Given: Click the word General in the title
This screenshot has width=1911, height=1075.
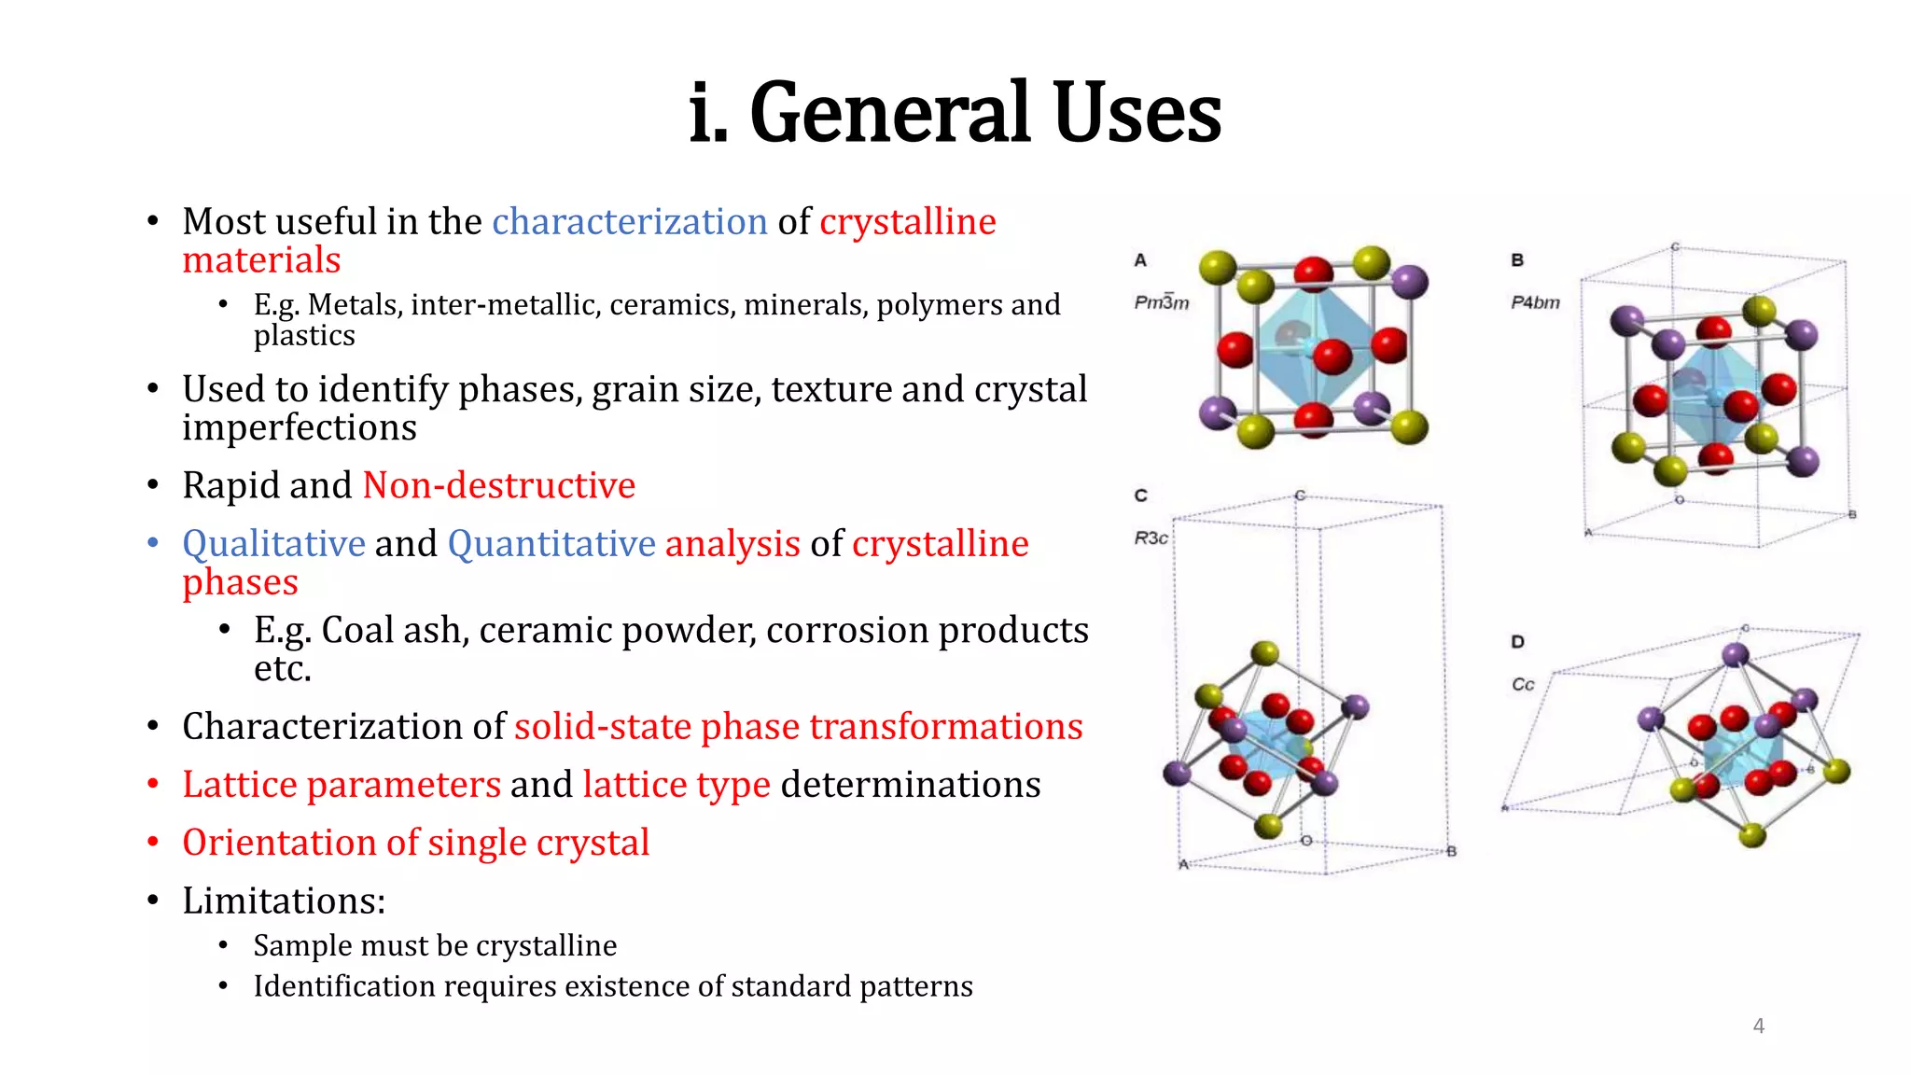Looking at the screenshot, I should [x=892, y=114].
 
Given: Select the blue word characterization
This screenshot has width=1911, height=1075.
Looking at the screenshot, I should [x=630, y=222].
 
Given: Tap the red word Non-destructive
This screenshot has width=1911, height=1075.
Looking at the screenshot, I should [x=498, y=485].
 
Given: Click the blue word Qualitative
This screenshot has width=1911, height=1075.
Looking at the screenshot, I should [x=273, y=543].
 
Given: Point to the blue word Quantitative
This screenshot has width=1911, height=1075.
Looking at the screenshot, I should [x=551, y=543].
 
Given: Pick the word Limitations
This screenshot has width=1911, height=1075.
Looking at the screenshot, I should [x=283, y=900].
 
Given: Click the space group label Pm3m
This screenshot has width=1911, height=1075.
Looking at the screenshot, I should [x=1161, y=302].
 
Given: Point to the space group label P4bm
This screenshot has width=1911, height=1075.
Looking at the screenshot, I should [x=1535, y=302].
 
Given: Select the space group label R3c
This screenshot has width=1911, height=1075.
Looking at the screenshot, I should [x=1151, y=538].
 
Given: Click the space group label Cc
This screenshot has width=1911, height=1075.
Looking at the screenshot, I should [x=1523, y=685].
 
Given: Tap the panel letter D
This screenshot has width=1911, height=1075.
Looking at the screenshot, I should [x=1517, y=642].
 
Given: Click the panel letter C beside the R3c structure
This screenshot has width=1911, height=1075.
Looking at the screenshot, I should [x=1140, y=496].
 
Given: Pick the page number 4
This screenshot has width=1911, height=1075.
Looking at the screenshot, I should [x=1758, y=1026].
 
